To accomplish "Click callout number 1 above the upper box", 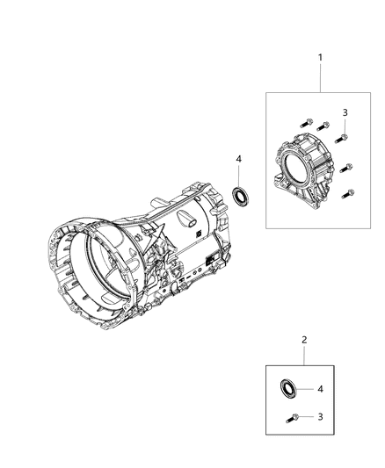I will coord(320,58).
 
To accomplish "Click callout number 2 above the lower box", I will coord(304,339).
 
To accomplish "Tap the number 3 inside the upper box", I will coord(345,113).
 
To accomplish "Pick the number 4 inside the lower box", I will coord(320,388).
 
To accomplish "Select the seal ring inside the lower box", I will coord(287,388).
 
